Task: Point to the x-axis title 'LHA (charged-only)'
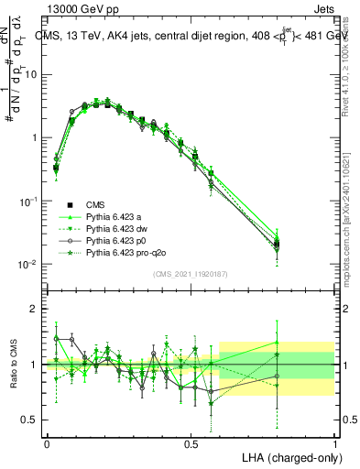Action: (x=288, y=457)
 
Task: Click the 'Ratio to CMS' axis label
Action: (x=12, y=365)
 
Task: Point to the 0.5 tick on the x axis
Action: (x=191, y=442)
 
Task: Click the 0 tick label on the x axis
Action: (x=47, y=442)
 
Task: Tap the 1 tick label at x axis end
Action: (x=334, y=442)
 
